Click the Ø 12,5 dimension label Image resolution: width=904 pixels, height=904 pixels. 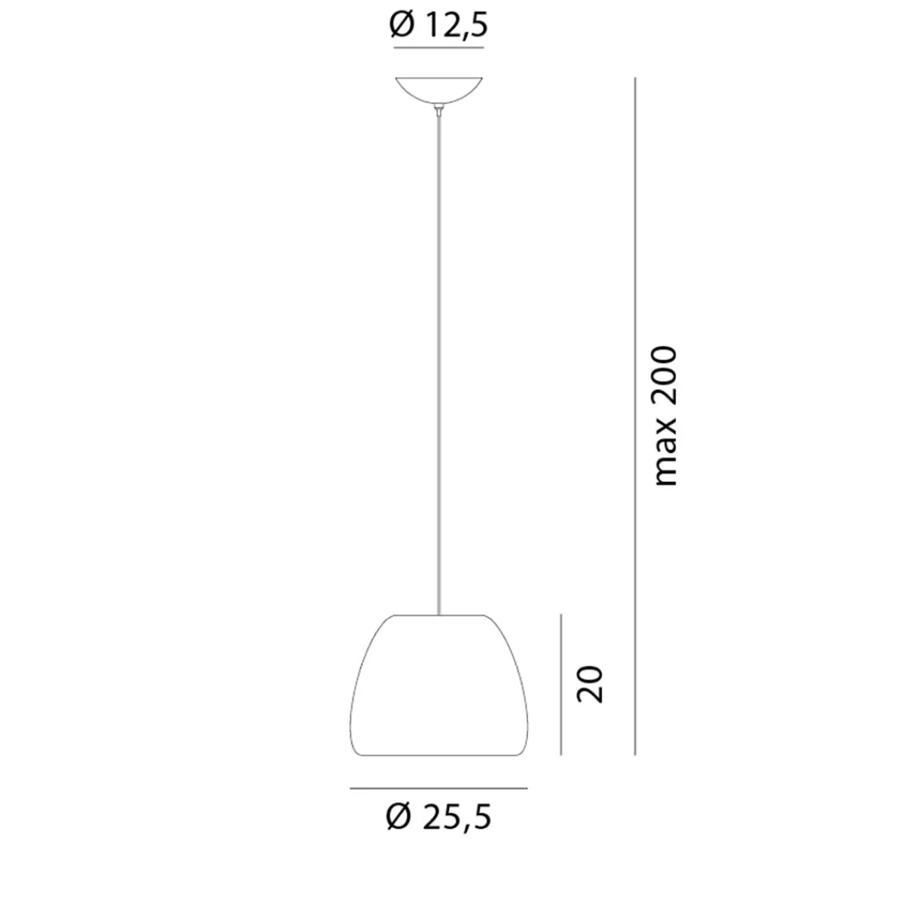(439, 26)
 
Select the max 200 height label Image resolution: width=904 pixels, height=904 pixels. (666, 416)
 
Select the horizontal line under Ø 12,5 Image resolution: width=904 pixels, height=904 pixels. (439, 48)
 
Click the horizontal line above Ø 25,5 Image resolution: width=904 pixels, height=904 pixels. (439, 788)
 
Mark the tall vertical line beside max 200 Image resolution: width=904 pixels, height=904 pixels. (636, 416)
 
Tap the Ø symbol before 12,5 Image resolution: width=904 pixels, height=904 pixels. (400, 26)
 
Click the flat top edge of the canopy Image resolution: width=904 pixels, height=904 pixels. (439, 78)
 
